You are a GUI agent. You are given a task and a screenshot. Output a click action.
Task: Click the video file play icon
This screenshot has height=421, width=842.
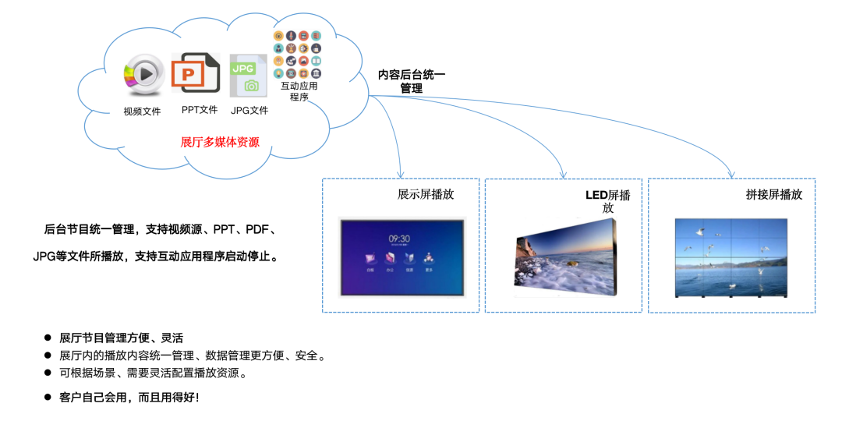141,75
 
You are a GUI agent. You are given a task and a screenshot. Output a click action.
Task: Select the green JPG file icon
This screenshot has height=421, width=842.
249,75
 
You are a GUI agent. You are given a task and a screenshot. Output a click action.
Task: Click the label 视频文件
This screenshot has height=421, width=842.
142,111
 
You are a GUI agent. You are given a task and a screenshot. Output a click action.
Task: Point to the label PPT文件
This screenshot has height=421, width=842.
200,110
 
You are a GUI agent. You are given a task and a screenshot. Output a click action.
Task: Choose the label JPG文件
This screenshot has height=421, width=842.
249,111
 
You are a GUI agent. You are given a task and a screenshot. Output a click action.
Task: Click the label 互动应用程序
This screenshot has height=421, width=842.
299,91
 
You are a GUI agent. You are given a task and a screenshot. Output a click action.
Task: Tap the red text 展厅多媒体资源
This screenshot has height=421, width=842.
220,142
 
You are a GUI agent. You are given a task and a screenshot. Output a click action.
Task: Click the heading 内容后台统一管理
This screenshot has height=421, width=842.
412,81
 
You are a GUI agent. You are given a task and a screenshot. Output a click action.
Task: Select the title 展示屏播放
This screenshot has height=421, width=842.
426,194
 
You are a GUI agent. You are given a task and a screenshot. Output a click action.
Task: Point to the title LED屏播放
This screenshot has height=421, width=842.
608,200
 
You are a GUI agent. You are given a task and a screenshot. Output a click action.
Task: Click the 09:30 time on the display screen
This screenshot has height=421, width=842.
400,239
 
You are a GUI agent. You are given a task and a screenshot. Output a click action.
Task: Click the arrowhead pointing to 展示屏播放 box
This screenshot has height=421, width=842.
399,174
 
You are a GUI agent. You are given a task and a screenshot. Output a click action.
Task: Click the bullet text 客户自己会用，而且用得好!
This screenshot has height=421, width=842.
129,398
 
